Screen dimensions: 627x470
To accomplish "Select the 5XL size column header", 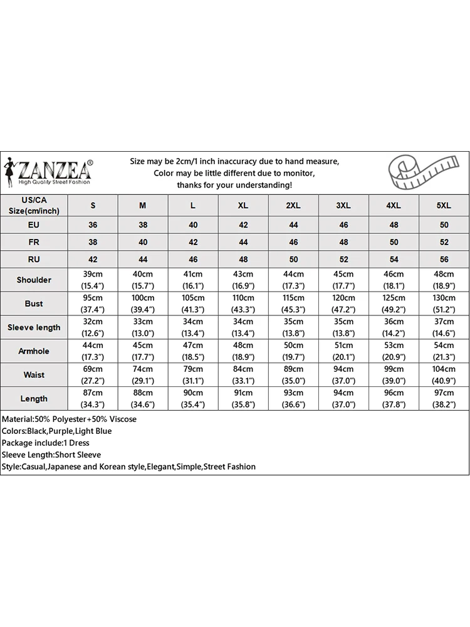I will (444, 206).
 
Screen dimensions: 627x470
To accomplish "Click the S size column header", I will (93, 206).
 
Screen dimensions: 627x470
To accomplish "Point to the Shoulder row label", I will (34, 280).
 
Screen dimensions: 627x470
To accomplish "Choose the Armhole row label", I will (34, 351).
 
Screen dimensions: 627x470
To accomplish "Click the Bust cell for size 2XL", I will (293, 303).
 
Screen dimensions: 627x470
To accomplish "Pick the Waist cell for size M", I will (143, 375).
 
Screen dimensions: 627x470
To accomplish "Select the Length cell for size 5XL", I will (444, 399).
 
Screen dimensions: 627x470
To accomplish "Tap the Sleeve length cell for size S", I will (93, 327).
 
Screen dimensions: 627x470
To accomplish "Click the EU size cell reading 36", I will (93, 224).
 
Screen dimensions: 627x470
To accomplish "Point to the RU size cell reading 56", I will (444, 259).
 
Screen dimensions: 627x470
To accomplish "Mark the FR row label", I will (34, 242).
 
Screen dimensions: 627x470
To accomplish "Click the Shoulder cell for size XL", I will (243, 280).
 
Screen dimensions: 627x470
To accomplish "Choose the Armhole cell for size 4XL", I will (394, 351).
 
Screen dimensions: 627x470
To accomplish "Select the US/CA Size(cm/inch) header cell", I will (34, 205).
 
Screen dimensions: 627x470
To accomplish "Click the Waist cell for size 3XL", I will (343, 375).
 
